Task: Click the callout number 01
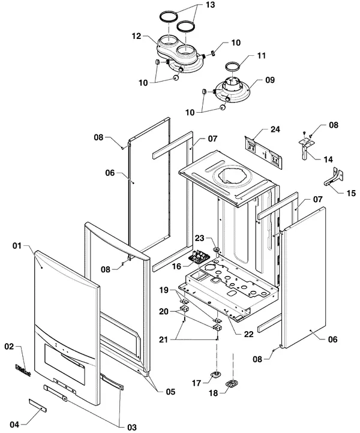point(17,245)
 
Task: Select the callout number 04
point(14,425)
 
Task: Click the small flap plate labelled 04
point(38,405)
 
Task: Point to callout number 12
point(136,36)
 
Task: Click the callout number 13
point(210,5)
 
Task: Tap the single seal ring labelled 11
point(232,67)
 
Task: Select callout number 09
point(270,80)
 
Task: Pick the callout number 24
point(275,129)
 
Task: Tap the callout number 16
point(176,266)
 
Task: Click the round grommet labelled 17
point(215,374)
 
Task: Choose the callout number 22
point(248,334)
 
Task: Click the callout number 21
point(164,339)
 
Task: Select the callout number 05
point(170,392)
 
